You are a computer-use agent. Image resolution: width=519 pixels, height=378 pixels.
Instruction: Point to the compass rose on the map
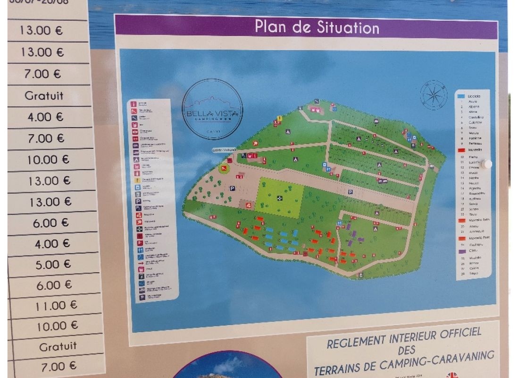[x=433, y=95]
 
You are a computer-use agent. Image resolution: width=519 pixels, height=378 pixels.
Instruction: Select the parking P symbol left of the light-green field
[x=232, y=188]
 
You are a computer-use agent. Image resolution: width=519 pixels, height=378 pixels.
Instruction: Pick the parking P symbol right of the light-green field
[x=351, y=192]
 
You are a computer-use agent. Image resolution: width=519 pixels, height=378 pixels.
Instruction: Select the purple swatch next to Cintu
[x=461, y=252]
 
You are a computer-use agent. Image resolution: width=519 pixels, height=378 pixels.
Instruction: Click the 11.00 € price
[x=56, y=306]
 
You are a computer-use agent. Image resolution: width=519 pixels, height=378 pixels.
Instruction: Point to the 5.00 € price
[x=53, y=265]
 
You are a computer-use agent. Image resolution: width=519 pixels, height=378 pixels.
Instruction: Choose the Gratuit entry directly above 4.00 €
[x=44, y=95]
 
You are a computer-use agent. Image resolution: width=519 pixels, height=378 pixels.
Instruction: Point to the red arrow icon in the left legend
[x=140, y=261]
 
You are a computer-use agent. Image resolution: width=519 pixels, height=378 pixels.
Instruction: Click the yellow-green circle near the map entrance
[x=223, y=169]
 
